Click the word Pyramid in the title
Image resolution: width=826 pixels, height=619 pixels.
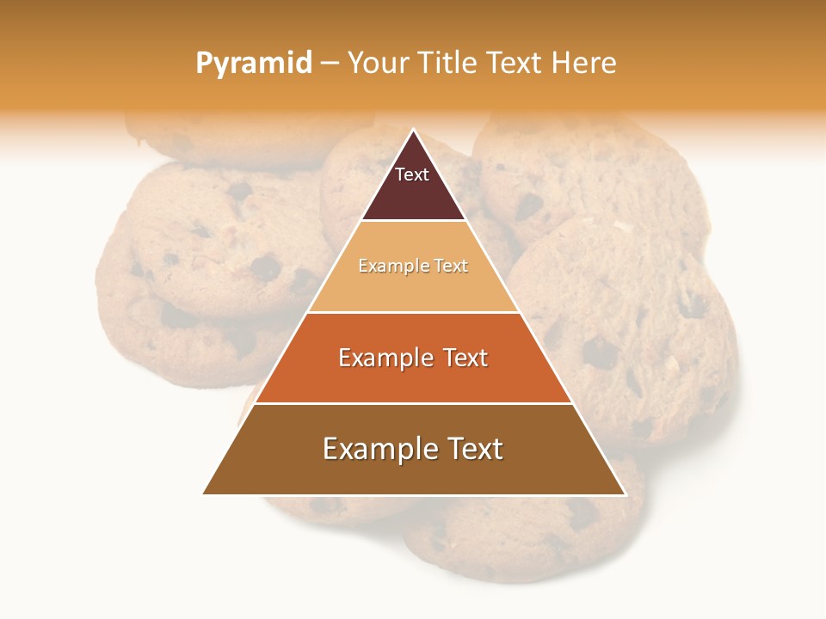pyautogui.click(x=254, y=64)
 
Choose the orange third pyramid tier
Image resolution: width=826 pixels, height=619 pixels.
pyautogui.click(x=413, y=378)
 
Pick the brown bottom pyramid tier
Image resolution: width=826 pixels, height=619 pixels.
pyautogui.click(x=413, y=473)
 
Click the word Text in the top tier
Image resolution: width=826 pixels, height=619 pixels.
pyautogui.click(x=412, y=175)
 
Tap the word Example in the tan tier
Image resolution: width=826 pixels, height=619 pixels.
pyautogui.click(x=385, y=267)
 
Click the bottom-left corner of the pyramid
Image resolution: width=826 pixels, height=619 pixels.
pyautogui.click(x=203, y=494)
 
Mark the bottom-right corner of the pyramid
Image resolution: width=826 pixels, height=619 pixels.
pyautogui.click(x=626, y=494)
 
